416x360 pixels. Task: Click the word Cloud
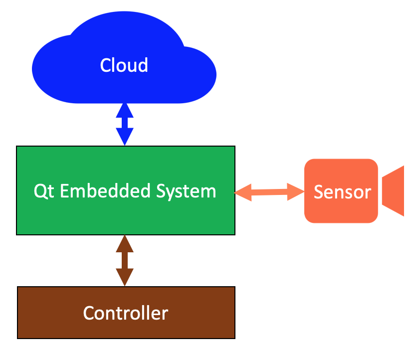point(124,65)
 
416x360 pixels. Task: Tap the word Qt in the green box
point(42,191)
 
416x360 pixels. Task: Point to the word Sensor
point(342,192)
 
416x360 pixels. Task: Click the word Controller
point(126,313)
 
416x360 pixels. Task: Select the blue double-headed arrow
point(125,124)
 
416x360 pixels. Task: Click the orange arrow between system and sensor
point(269,191)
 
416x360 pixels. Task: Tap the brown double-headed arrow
point(125,260)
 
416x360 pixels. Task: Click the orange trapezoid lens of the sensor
point(394,191)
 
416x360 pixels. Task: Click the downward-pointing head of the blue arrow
point(125,137)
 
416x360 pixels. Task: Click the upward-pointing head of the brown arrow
point(125,244)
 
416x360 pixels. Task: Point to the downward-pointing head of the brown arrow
point(125,277)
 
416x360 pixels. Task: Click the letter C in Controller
point(89,313)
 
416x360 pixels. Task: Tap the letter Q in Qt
point(39,191)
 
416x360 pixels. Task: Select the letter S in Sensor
point(318,192)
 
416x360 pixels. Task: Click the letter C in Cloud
point(105,65)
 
